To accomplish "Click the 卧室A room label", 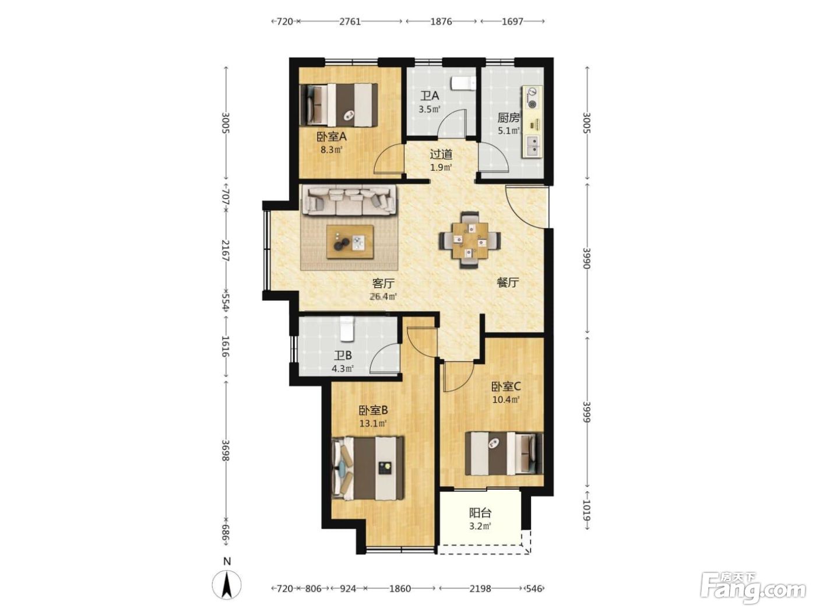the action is [331, 137].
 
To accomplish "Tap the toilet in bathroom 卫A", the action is [463, 83].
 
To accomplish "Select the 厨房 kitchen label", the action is [508, 118].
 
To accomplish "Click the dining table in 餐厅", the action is [470, 240].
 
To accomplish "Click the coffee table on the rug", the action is [350, 241].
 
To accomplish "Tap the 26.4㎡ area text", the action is [383, 297].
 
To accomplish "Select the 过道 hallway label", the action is [441, 154].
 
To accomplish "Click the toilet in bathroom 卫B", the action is [347, 329].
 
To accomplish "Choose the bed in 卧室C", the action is [504, 453].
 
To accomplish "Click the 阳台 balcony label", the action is [480, 513].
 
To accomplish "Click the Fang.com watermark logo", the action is [753, 589].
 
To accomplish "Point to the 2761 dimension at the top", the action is [350, 22].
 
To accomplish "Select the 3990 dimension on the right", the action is [586, 258].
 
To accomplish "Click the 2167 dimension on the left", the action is [226, 251].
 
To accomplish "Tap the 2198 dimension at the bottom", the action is [480, 589].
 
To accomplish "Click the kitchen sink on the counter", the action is [532, 146].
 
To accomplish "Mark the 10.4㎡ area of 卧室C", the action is [505, 400].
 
